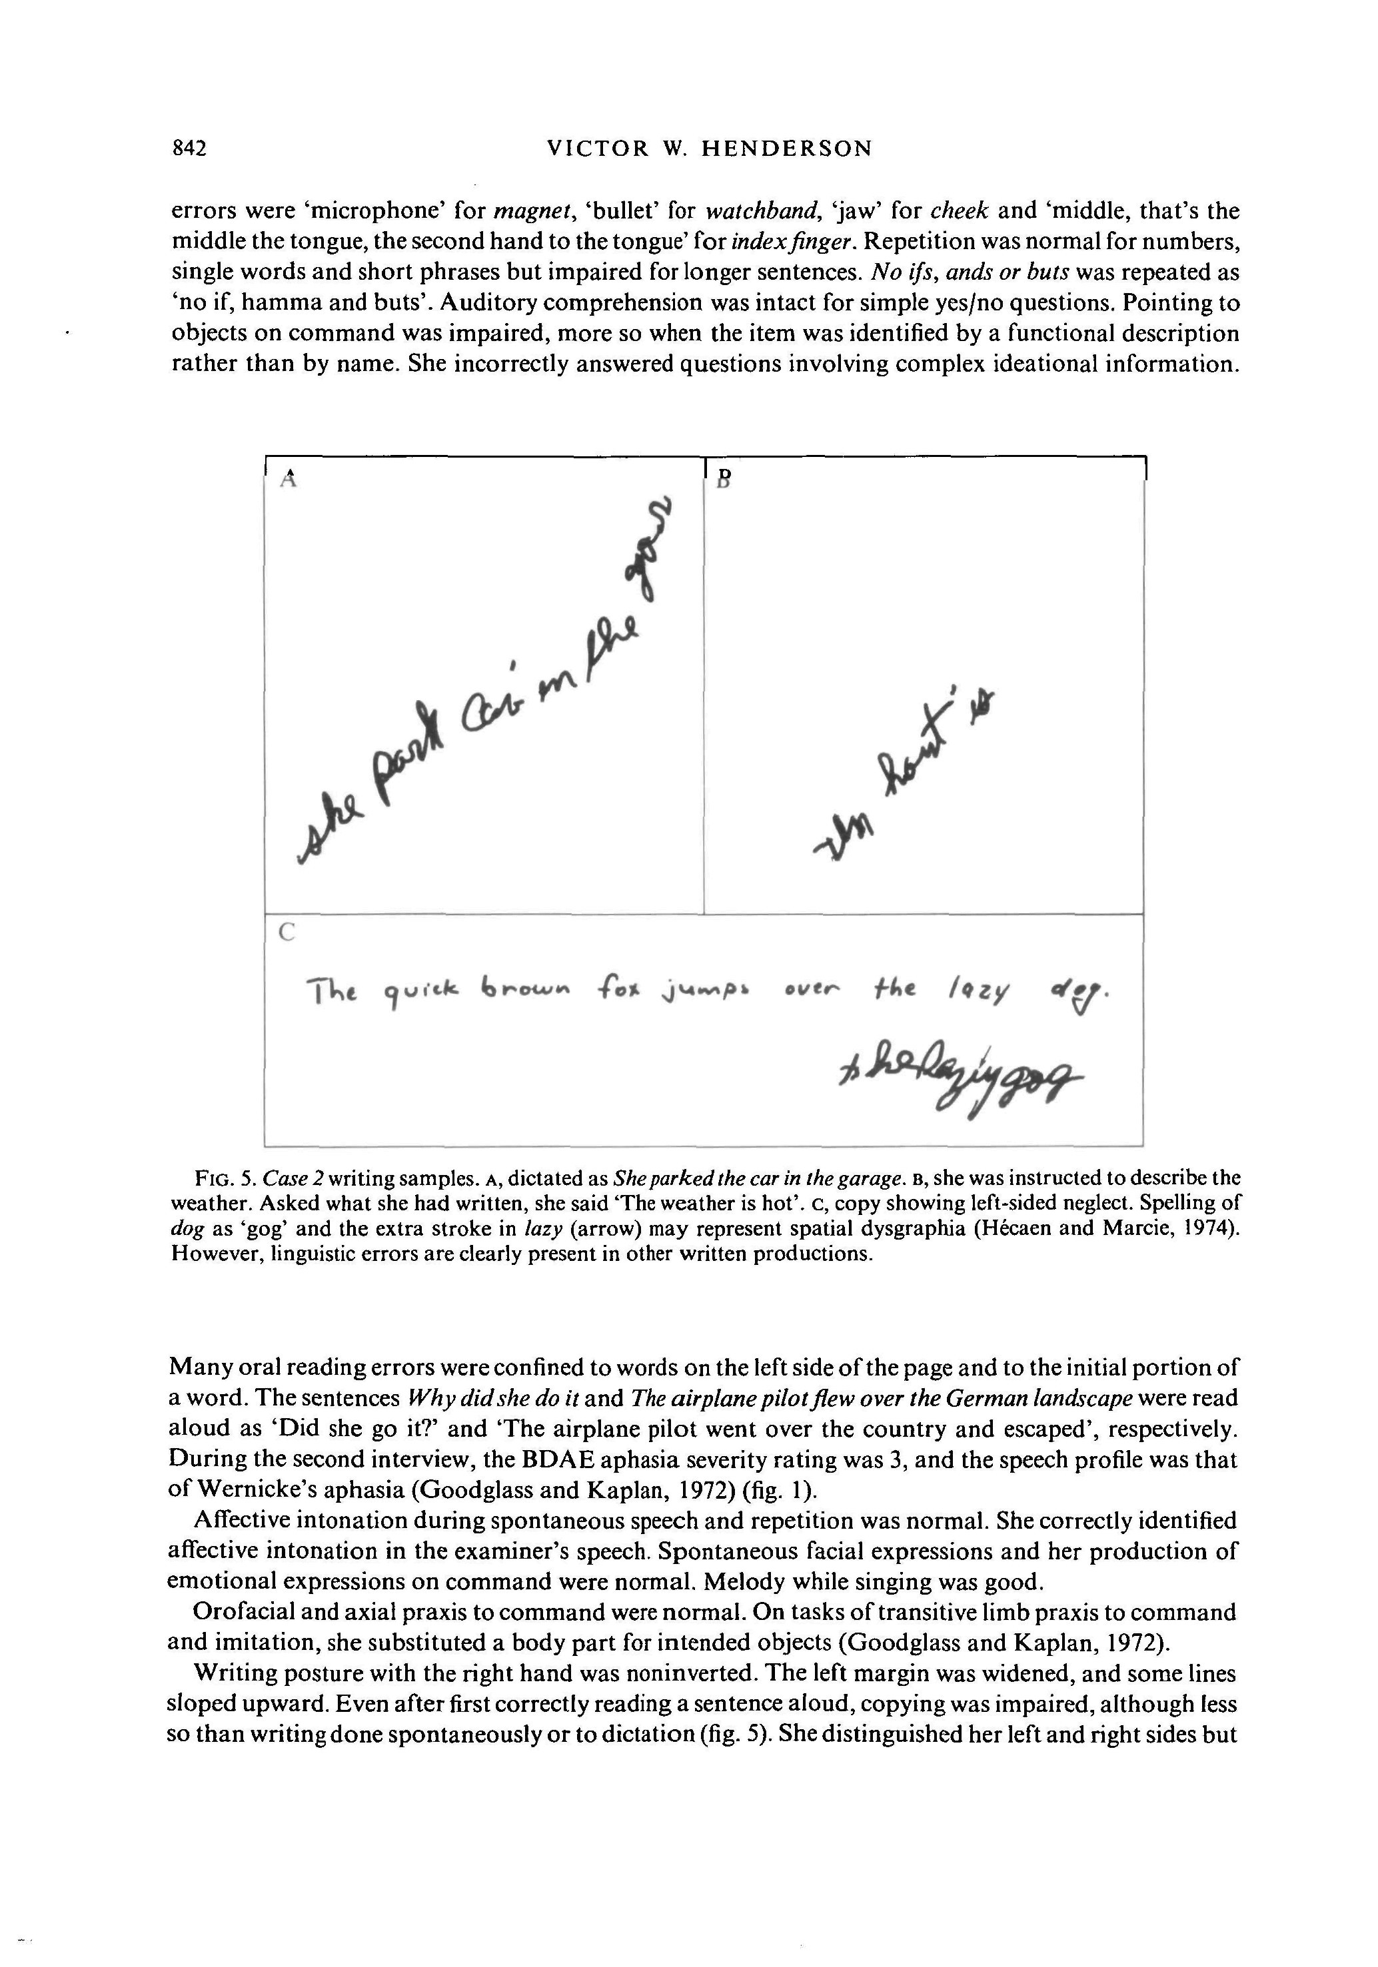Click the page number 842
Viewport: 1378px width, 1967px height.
pos(189,149)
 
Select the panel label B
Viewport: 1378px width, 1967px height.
pos(722,480)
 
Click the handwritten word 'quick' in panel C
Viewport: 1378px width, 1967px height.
pos(419,994)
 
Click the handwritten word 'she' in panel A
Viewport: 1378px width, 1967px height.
pos(330,831)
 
